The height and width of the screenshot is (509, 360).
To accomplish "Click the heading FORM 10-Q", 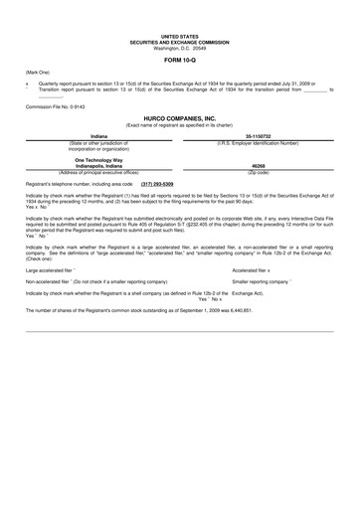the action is coord(180,60).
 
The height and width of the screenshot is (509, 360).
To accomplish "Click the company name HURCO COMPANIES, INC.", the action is coord(180,116).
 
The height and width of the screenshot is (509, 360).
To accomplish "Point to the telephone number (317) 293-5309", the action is coord(164,184).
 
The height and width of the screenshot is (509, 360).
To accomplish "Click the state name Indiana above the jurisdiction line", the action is coord(98,135).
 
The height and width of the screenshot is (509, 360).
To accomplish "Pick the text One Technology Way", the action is coord(98,159).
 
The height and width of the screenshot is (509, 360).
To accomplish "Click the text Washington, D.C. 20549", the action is coord(180,48).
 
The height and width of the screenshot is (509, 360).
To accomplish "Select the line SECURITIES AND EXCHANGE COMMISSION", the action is coord(180,43).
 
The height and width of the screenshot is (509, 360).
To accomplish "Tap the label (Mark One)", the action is coord(38,74).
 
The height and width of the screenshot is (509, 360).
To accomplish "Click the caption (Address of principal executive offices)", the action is coord(98,172).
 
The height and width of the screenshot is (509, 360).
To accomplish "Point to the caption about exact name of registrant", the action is coord(180,122).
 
